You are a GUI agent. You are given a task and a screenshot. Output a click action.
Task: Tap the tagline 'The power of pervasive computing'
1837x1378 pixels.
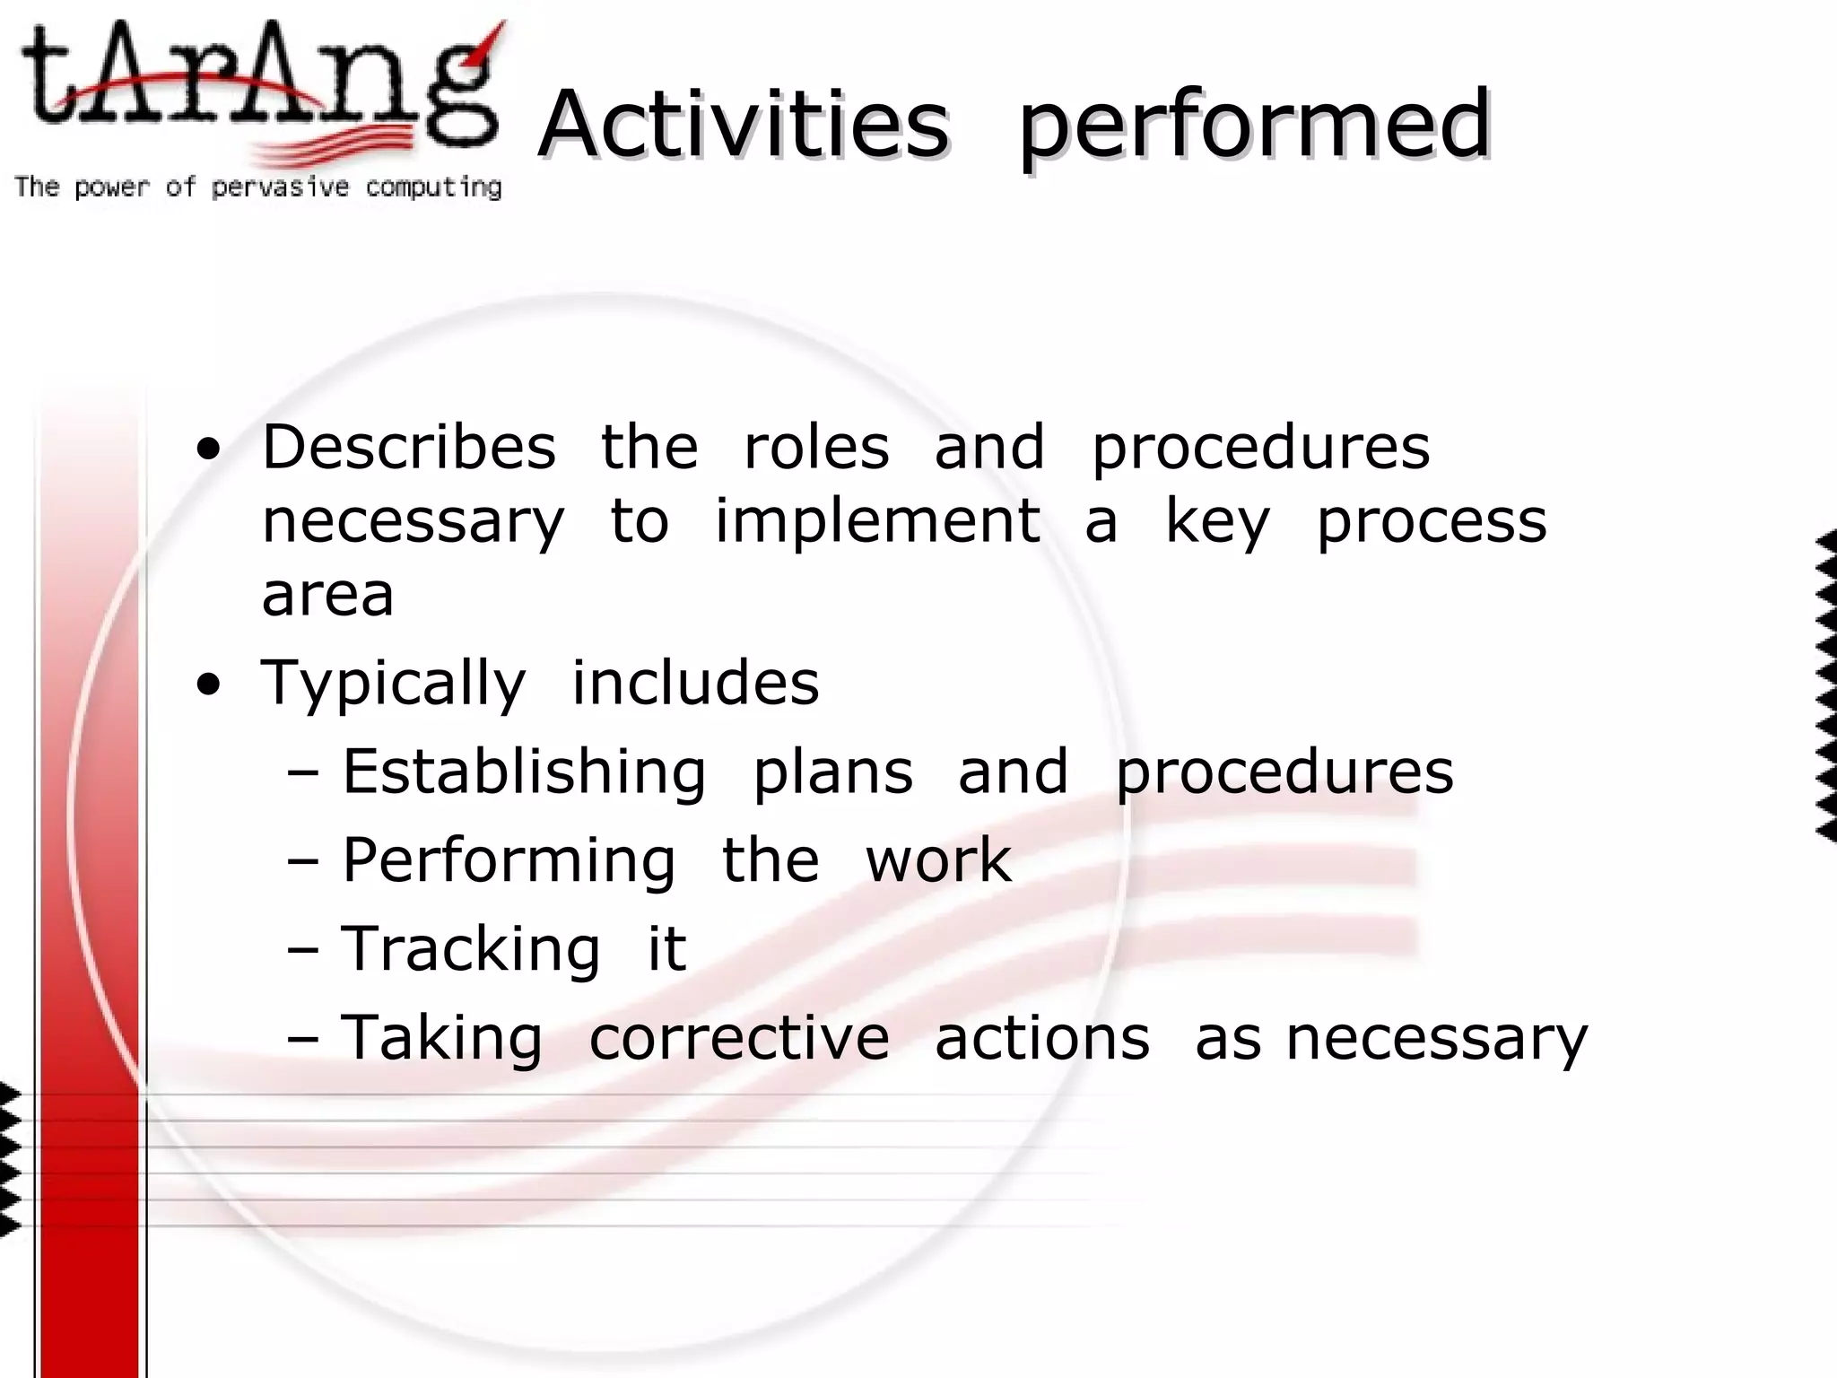tap(258, 187)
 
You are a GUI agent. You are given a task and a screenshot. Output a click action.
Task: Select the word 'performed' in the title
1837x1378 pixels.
tap(1255, 126)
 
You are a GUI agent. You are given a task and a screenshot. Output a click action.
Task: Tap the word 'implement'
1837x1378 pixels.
tap(877, 521)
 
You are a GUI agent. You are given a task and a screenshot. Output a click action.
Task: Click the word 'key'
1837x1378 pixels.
tap(1217, 523)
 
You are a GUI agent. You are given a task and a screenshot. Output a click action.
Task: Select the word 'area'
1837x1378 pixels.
tap(327, 595)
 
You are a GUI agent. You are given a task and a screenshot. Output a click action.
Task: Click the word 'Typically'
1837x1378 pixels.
tap(393, 684)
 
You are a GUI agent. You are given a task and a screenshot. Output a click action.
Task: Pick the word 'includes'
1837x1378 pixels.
tap(695, 683)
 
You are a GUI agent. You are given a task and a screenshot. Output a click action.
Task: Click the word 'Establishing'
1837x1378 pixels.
tap(524, 772)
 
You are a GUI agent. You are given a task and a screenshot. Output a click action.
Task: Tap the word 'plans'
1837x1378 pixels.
tap(832, 772)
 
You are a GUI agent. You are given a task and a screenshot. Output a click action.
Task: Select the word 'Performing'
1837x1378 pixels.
tap(509, 861)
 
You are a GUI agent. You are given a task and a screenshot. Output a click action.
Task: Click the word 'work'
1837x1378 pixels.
tap(938, 860)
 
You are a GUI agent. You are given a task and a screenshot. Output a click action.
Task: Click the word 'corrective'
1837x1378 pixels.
tap(739, 1038)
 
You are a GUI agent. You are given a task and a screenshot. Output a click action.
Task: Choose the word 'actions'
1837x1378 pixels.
tap(1042, 1038)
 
